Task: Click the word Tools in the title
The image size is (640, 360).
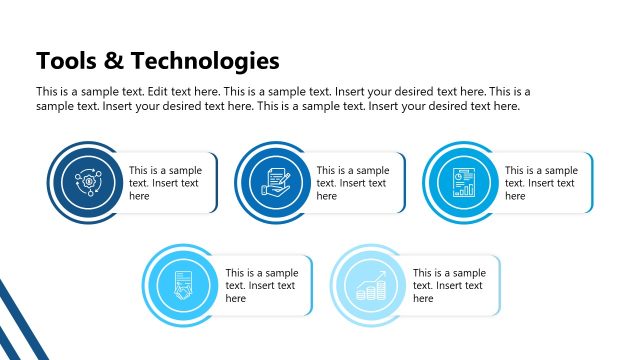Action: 65,61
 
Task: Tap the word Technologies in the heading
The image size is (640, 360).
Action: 205,61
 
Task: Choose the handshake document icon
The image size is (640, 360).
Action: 183,285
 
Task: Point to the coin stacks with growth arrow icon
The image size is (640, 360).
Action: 371,285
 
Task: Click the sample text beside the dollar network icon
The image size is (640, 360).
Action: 164,183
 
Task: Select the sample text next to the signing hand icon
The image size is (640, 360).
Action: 352,183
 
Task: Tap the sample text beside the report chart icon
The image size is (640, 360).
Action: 540,183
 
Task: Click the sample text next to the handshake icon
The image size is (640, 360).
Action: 260,285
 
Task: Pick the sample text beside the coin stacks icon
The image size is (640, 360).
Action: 448,285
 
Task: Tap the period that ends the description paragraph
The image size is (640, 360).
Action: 519,106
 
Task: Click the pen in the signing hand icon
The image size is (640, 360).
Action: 284,176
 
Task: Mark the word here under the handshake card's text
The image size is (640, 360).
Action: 235,298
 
